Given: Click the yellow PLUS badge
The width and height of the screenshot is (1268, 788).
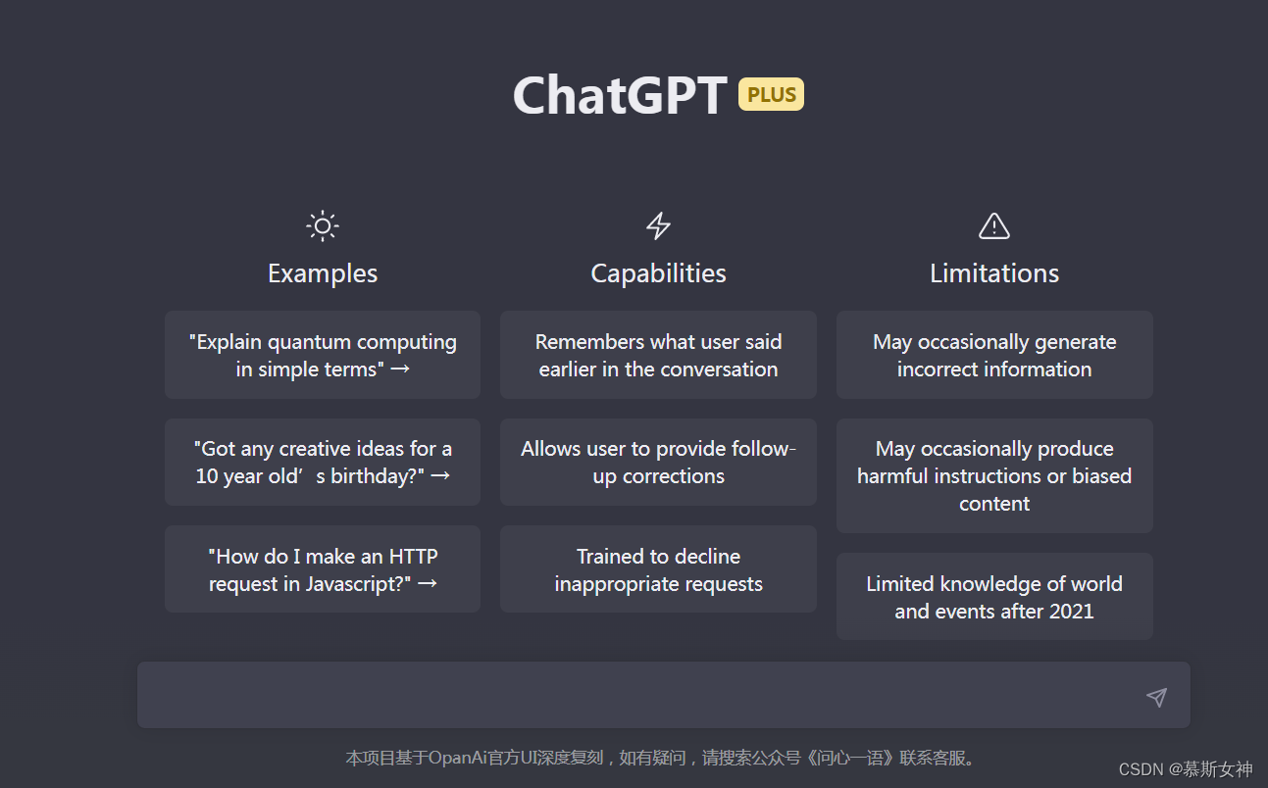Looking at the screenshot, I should (x=771, y=94).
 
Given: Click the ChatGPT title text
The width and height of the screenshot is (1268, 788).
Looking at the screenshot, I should (x=620, y=96).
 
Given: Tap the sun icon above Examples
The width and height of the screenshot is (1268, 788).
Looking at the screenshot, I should (x=323, y=226).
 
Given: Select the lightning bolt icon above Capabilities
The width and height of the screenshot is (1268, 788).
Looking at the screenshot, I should (x=658, y=226).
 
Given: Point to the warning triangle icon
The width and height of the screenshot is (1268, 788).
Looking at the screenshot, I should (x=994, y=226).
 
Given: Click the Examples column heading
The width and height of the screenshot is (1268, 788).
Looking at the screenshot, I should (x=323, y=273).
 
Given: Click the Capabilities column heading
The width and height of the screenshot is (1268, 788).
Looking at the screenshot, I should (x=658, y=273).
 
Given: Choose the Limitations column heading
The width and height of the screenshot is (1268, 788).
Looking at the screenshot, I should (x=994, y=273).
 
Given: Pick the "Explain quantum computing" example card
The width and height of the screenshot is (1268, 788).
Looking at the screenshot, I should (x=323, y=355).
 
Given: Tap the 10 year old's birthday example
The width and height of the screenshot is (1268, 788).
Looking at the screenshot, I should (x=323, y=462).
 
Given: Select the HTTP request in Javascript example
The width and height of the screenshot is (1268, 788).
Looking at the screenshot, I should (x=323, y=569).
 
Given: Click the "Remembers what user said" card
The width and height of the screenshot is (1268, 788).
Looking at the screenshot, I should (x=658, y=355).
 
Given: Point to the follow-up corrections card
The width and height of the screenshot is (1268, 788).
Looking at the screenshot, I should (x=658, y=462).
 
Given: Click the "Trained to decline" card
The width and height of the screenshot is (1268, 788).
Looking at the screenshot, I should (x=658, y=569).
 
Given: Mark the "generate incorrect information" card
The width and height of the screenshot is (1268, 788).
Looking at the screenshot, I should (x=994, y=355).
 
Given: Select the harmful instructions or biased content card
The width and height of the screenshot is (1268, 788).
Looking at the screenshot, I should (x=994, y=475).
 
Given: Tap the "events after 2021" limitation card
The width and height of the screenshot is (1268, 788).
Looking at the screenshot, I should (x=994, y=597).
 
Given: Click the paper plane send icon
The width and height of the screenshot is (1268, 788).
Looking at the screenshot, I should (x=1157, y=697).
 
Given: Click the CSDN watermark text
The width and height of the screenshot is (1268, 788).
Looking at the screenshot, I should (x=1186, y=769).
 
